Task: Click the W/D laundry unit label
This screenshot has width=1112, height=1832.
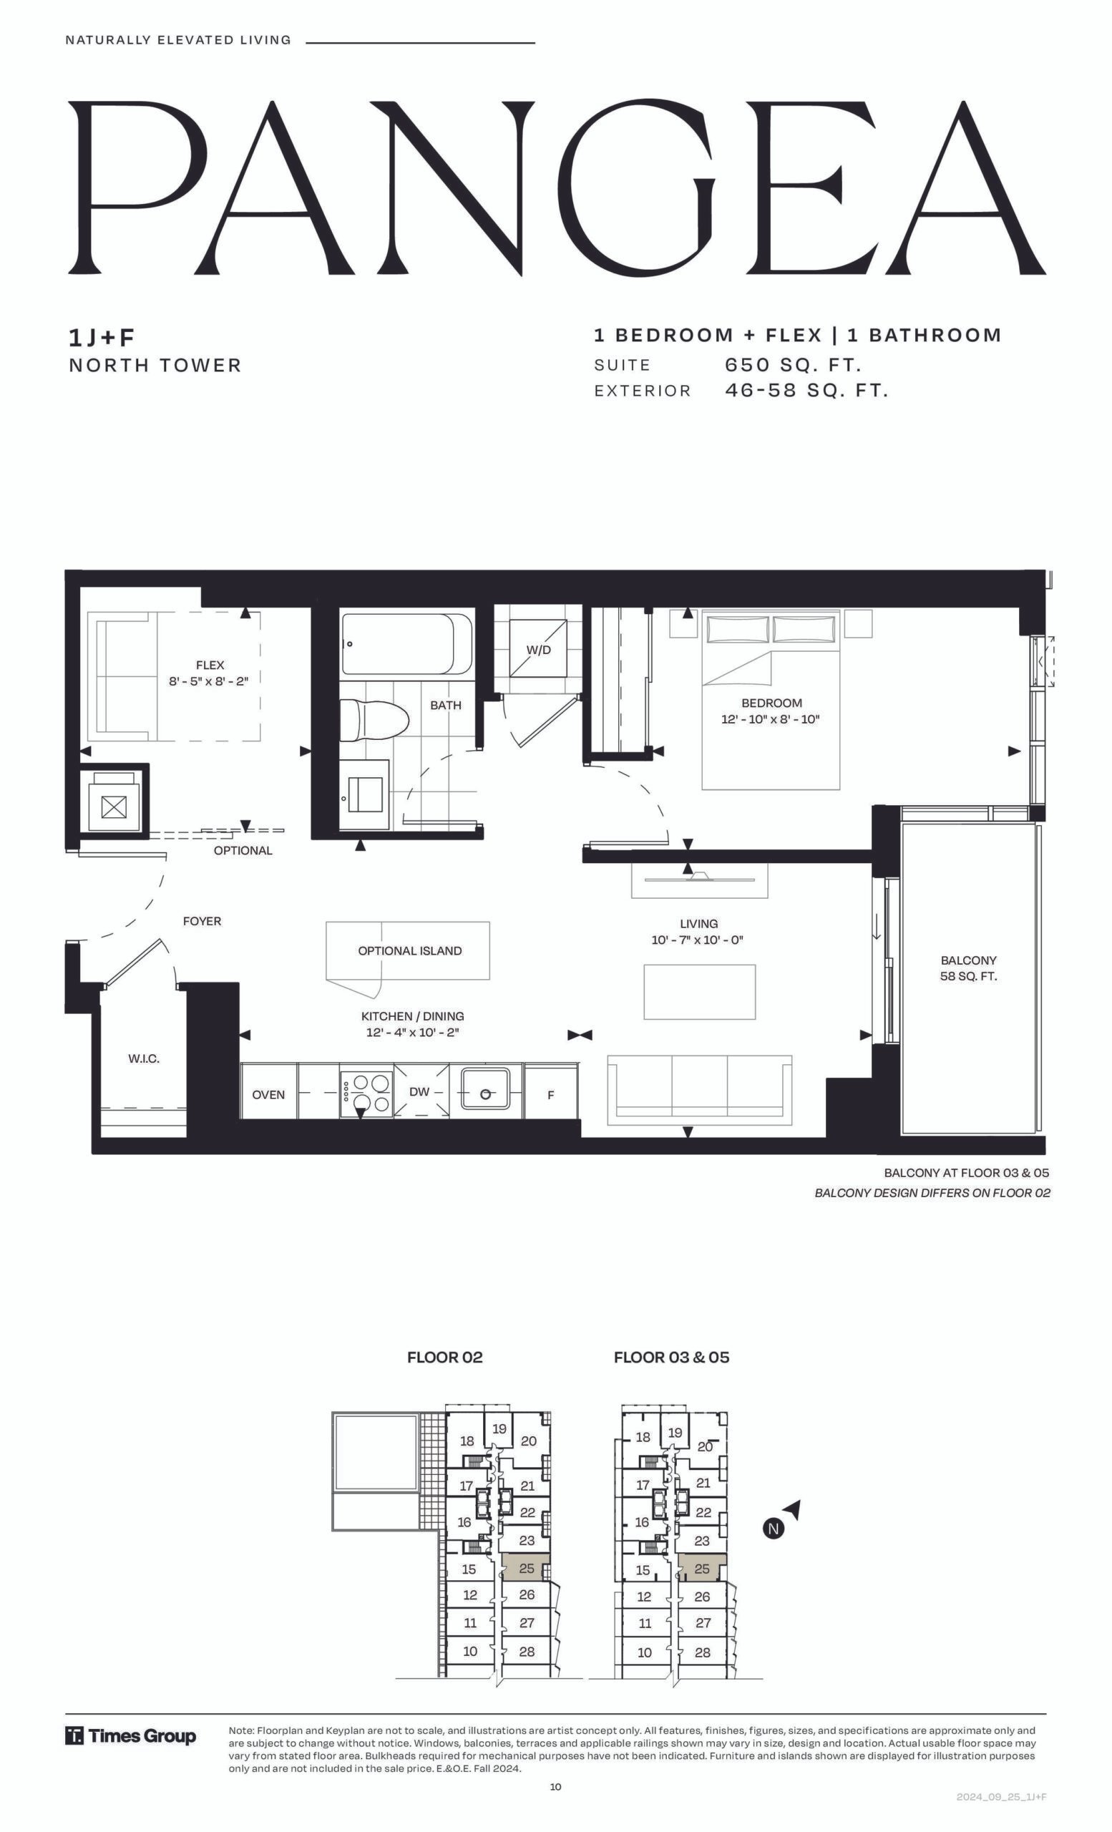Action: tap(539, 650)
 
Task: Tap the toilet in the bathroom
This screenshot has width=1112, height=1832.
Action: tap(376, 720)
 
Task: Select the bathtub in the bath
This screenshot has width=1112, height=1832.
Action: tap(406, 644)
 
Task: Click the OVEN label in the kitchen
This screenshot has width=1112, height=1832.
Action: tap(268, 1094)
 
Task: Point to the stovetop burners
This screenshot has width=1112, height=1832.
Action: tap(367, 1093)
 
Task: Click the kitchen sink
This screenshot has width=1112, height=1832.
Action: tap(485, 1091)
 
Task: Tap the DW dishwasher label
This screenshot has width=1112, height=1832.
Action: tap(419, 1091)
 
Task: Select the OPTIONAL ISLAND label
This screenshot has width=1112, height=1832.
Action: tap(409, 951)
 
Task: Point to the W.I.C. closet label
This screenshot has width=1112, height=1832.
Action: tap(145, 1058)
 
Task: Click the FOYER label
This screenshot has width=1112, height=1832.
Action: tap(203, 921)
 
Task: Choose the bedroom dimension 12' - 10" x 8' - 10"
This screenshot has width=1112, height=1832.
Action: tap(771, 719)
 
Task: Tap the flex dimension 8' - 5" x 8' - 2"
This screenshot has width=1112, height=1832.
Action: tap(209, 681)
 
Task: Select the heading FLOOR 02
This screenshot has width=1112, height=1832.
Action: tap(444, 1357)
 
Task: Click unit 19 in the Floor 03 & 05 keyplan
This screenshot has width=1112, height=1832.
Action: tap(675, 1433)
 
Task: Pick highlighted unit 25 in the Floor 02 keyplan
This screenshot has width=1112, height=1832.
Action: tap(526, 1568)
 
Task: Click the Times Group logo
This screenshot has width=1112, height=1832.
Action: tap(131, 1736)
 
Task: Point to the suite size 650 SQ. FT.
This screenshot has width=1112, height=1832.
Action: tap(793, 365)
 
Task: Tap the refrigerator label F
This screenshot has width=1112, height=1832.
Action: tap(551, 1094)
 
